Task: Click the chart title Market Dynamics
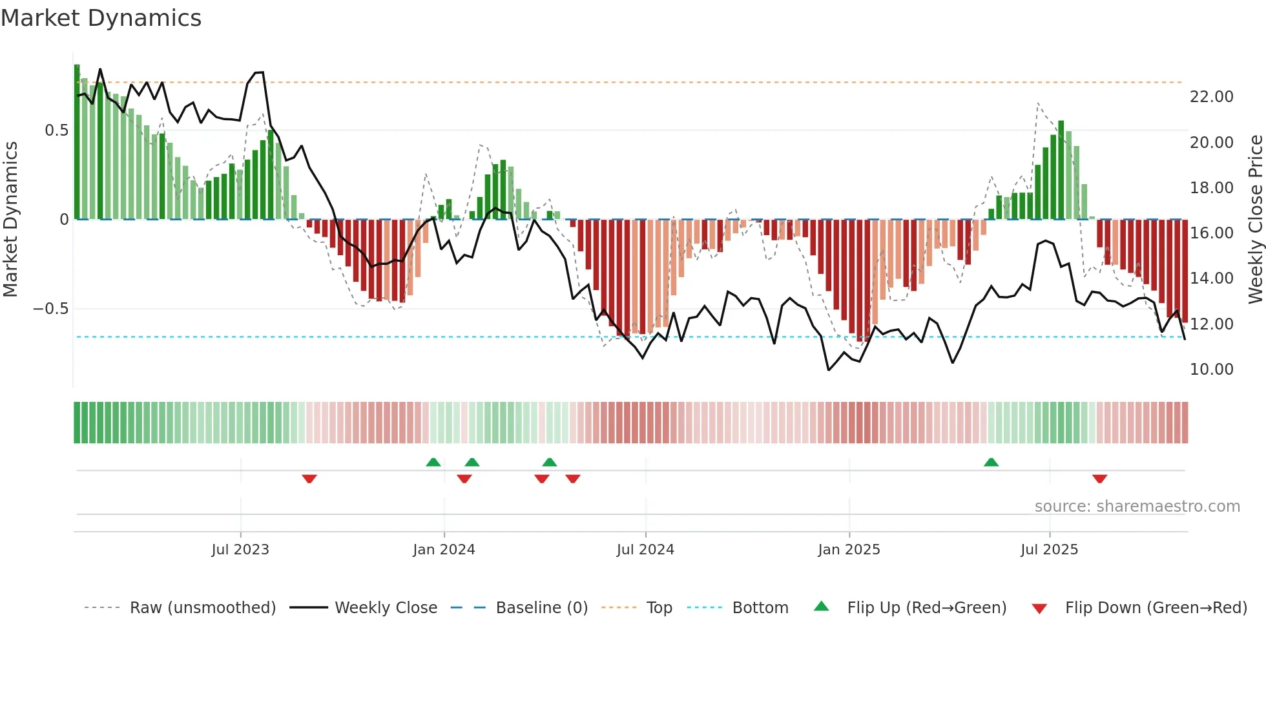click(101, 18)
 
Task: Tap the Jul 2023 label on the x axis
click(240, 550)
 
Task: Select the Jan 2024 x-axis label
click(444, 550)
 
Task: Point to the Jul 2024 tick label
click(645, 550)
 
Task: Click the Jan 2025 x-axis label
click(849, 550)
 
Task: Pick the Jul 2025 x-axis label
click(1049, 550)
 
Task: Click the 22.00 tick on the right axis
click(1211, 97)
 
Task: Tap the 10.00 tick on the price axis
click(1211, 370)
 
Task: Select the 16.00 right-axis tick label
click(1211, 233)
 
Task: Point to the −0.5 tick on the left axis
click(50, 309)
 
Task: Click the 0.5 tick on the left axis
click(56, 131)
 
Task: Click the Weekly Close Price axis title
click(1255, 220)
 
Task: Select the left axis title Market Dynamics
click(10, 220)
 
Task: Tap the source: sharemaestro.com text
click(1137, 507)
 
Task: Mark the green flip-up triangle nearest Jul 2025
click(991, 462)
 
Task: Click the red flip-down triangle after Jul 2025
click(1099, 479)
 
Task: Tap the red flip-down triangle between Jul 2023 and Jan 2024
click(309, 479)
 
